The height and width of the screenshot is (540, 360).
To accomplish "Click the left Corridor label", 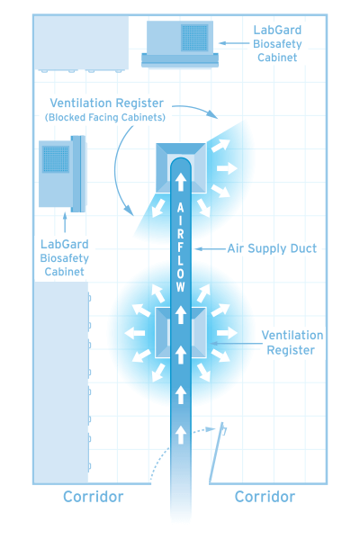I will coord(93,497).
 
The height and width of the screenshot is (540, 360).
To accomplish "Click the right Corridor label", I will coord(265,497).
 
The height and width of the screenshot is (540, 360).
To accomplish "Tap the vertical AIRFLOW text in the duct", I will coord(181,247).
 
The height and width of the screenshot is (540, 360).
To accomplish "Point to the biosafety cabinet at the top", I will coord(183,43).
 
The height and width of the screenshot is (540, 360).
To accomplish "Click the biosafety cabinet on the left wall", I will coord(61,173).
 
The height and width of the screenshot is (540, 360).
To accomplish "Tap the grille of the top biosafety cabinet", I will coord(194,37).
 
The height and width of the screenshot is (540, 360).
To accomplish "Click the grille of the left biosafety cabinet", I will coord(54,159).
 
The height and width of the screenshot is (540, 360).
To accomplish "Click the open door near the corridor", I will coord(215,454).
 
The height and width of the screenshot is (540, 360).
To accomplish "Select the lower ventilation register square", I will coord(181,333).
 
